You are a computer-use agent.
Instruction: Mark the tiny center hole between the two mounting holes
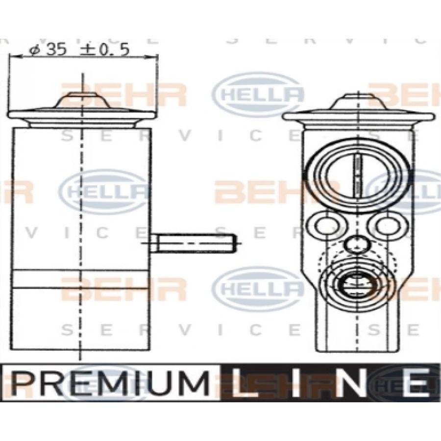356,244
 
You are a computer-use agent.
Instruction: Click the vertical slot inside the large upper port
358,174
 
